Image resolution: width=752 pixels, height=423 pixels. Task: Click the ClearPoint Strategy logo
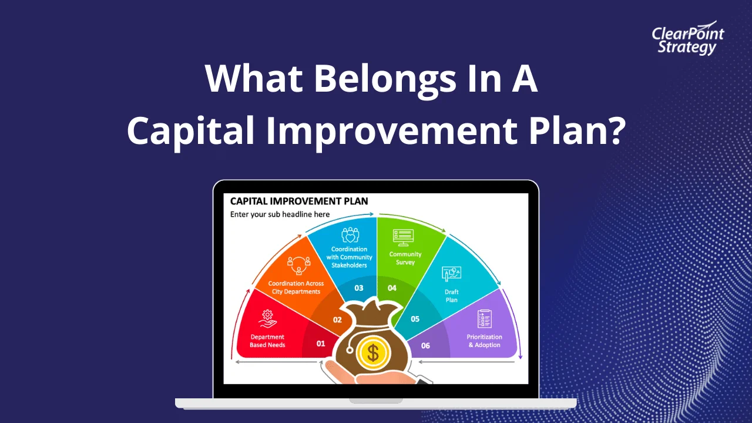pyautogui.click(x=687, y=40)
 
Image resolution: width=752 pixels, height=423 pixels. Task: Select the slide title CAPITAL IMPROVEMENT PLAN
pyautogui.click(x=298, y=202)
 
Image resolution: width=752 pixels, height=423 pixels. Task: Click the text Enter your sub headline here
pyautogui.click(x=280, y=214)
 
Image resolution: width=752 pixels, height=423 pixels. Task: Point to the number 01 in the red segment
pyautogui.click(x=321, y=344)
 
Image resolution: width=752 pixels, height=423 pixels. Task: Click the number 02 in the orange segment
pyautogui.click(x=337, y=320)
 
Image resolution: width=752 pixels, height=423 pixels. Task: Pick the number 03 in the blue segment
pyautogui.click(x=358, y=288)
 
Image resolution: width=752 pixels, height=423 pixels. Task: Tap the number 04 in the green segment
pyautogui.click(x=392, y=288)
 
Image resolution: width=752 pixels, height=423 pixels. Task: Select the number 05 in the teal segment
pyautogui.click(x=415, y=319)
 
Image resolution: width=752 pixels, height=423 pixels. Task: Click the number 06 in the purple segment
pyautogui.click(x=425, y=345)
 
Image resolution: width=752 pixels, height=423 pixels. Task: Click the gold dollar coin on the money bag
pyautogui.click(x=372, y=352)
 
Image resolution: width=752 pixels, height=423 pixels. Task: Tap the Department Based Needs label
pyautogui.click(x=267, y=341)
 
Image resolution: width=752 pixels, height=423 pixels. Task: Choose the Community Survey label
pyautogui.click(x=405, y=258)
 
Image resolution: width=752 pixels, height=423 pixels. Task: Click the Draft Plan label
pyautogui.click(x=451, y=296)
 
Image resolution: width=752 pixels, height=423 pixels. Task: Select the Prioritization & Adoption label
pyautogui.click(x=484, y=341)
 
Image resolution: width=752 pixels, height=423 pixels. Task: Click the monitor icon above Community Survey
pyautogui.click(x=404, y=237)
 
